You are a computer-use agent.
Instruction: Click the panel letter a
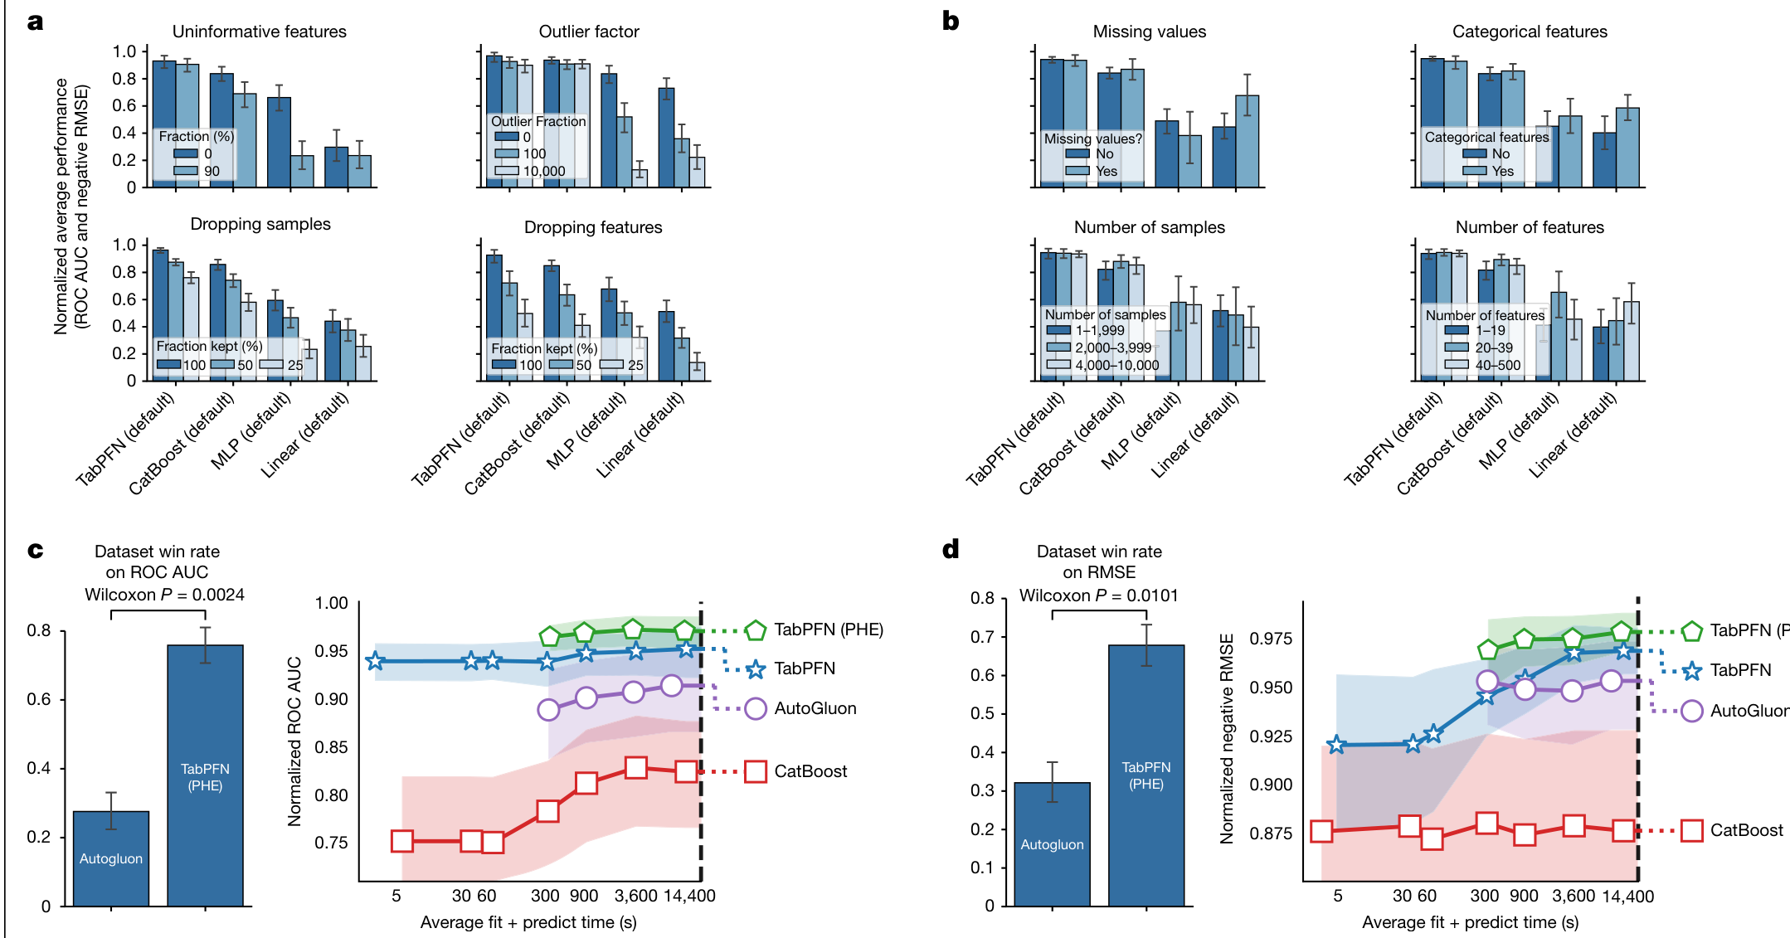(x=35, y=22)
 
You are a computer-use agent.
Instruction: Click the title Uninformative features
(x=259, y=32)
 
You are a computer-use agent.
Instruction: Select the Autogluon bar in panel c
(x=111, y=858)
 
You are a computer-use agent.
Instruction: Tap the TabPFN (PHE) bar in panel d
(x=1146, y=775)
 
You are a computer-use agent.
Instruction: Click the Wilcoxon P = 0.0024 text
(x=164, y=595)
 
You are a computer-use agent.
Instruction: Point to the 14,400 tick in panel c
(x=688, y=896)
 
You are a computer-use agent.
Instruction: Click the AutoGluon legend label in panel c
(x=815, y=708)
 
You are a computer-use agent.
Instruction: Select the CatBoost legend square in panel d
(x=1692, y=830)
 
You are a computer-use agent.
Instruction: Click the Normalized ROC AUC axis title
(x=294, y=741)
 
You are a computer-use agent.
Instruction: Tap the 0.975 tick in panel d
(x=1272, y=639)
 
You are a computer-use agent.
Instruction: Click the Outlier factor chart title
(x=589, y=32)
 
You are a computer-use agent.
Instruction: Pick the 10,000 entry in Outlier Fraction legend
(x=543, y=172)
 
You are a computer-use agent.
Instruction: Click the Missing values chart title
(x=1149, y=32)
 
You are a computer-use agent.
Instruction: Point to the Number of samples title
(x=1149, y=227)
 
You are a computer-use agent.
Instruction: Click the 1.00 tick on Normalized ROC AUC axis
(x=331, y=603)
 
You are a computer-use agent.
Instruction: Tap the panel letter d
(x=951, y=549)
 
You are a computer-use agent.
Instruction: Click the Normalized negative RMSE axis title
(x=1227, y=738)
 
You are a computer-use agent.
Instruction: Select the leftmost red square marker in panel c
(x=402, y=841)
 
